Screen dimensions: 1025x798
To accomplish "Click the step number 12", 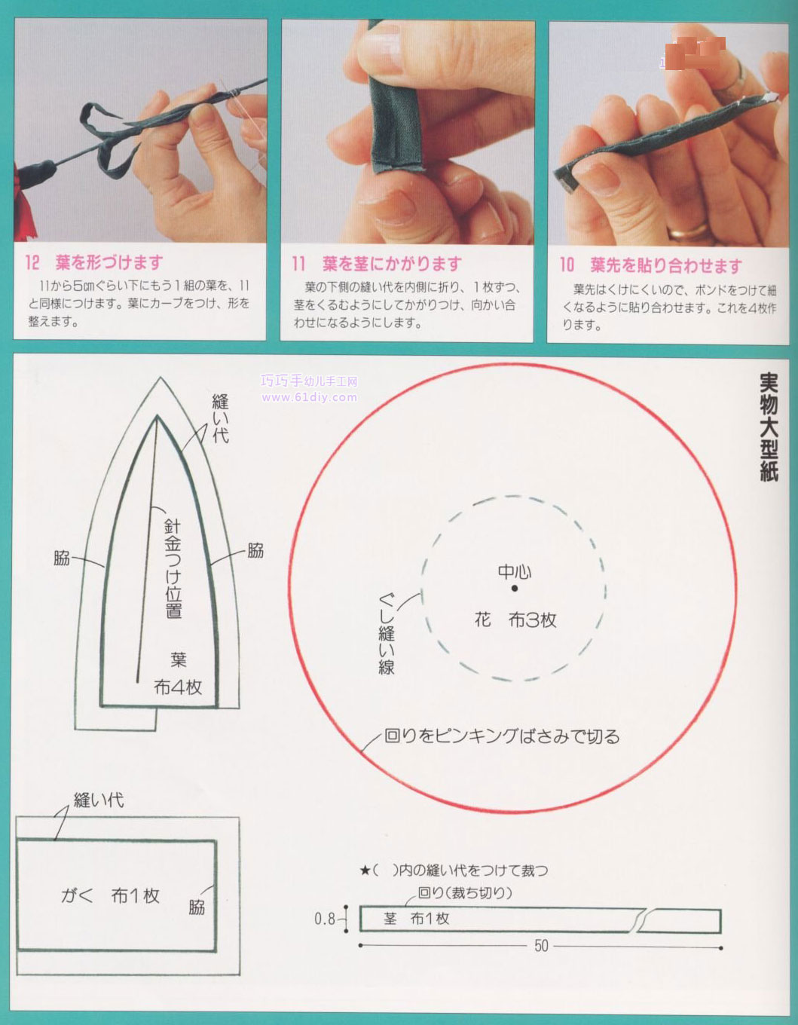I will (32, 263).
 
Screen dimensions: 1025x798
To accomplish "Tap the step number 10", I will (567, 265).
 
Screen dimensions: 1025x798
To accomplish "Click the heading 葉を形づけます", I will (109, 263).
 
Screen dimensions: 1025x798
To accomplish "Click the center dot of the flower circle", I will (514, 589).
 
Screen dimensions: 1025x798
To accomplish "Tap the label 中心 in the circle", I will (515, 571).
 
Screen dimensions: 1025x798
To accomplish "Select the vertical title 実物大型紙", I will (768, 427).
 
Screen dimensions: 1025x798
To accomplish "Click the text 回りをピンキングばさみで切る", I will (502, 736).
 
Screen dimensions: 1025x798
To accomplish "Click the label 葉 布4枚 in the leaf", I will (178, 673).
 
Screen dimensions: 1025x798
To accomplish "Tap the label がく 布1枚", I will (110, 895).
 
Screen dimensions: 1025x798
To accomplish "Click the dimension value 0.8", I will (325, 919).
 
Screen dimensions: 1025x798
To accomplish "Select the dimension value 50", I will (541, 946).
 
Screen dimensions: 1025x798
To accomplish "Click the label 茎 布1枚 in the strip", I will (416, 919).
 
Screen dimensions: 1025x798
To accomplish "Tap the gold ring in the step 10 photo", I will (689, 228).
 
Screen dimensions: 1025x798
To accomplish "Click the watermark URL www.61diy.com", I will (310, 397).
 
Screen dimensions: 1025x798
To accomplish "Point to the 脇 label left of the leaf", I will (62, 558).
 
